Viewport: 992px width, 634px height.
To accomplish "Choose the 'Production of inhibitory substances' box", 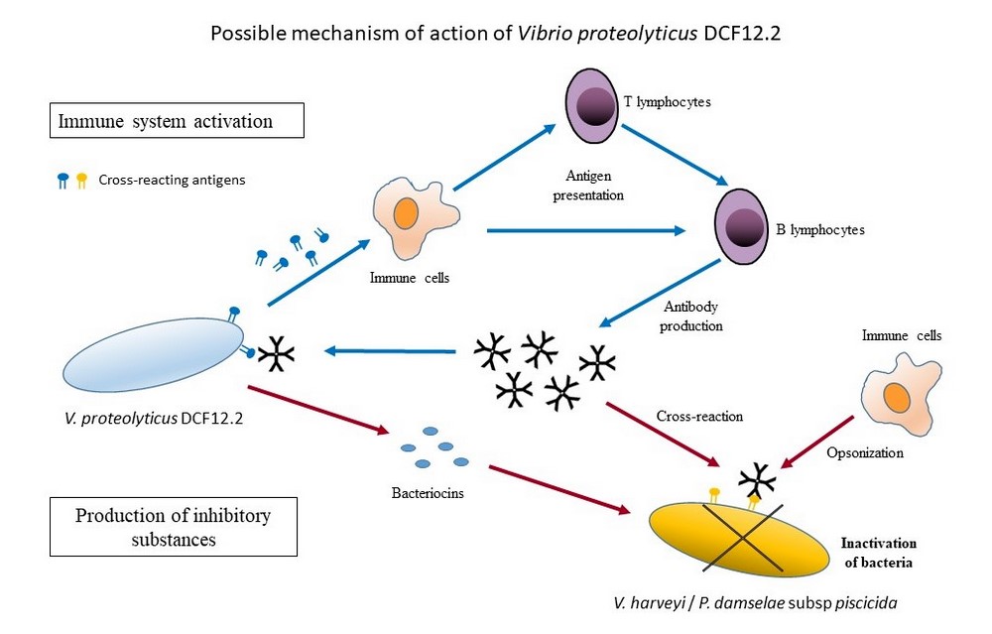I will (x=173, y=527).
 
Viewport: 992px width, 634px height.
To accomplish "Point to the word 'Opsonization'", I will (x=864, y=452).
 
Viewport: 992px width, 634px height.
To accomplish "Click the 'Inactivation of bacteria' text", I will (x=878, y=553).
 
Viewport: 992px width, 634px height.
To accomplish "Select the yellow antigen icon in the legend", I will (x=81, y=181).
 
